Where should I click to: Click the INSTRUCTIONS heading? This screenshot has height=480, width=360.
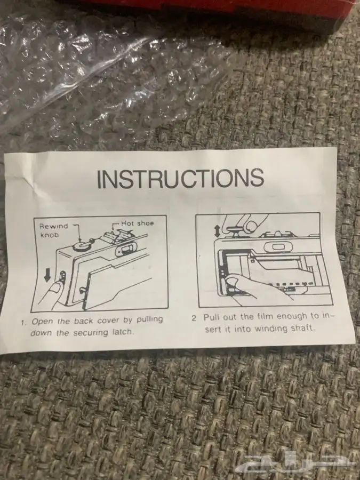point(181,178)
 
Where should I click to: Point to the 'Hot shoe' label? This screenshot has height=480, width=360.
point(138,223)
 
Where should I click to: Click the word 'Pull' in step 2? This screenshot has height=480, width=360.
point(212,317)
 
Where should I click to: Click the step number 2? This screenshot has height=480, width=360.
point(194,318)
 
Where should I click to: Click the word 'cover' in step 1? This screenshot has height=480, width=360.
point(108,321)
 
